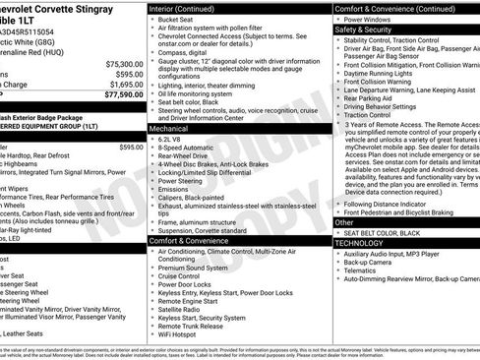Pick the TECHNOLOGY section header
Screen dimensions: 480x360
[x=359, y=243]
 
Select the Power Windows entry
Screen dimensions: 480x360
[x=378, y=19]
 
